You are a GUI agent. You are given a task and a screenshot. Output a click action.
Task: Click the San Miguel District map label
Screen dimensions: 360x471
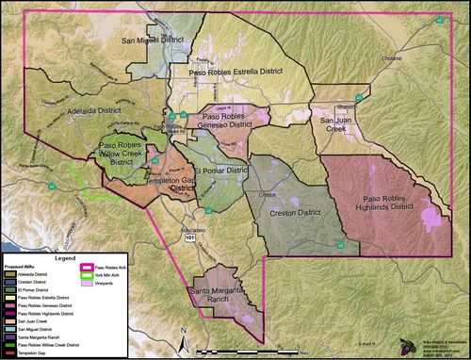tap(154, 42)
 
